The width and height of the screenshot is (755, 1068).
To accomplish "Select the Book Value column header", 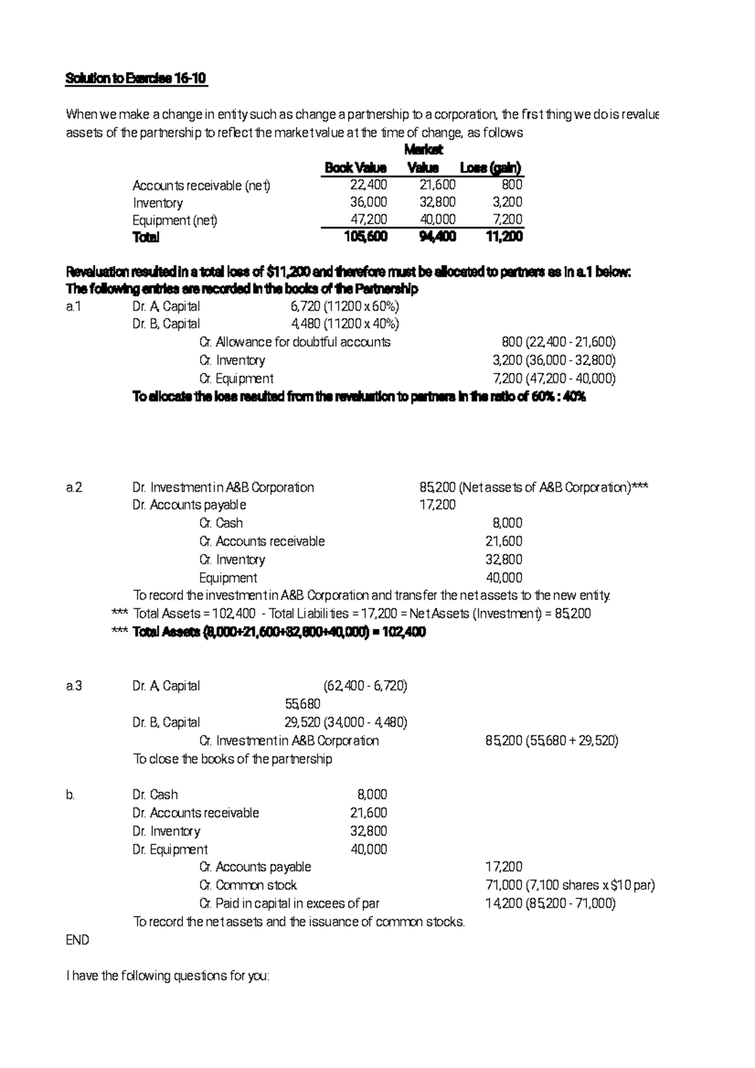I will (x=355, y=168).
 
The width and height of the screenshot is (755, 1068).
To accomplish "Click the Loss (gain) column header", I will (x=491, y=168).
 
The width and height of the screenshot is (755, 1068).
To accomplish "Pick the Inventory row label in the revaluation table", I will (x=157, y=203).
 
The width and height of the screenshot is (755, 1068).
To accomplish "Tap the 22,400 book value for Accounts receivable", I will (x=369, y=185).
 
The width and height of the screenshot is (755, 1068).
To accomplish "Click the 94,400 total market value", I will (x=437, y=237).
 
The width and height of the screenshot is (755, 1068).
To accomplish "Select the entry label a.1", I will (x=74, y=306).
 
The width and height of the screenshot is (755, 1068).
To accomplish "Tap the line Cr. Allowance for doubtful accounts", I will (x=294, y=342).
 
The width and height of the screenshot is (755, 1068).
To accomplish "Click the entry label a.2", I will (x=74, y=487).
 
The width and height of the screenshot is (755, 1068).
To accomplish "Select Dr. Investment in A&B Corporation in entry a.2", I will (x=223, y=487).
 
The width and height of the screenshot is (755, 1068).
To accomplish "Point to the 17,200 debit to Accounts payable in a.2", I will (x=437, y=505).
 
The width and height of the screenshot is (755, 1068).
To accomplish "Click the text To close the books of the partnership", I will (x=232, y=758).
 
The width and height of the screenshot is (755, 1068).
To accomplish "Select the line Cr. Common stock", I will (x=248, y=885).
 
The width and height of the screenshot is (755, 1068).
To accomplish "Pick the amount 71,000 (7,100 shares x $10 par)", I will (x=570, y=885).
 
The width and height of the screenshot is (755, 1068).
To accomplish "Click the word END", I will (x=77, y=940).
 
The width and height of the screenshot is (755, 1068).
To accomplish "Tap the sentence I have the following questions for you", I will (x=167, y=976).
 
